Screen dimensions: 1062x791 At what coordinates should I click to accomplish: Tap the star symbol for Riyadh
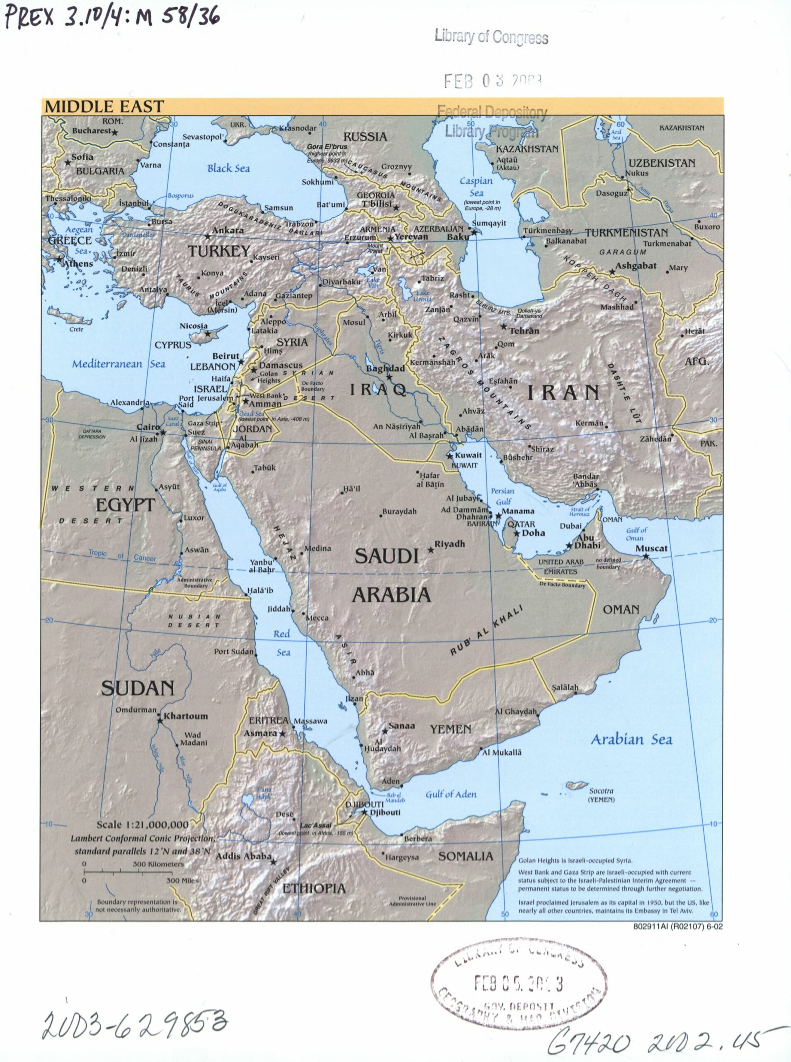(431, 550)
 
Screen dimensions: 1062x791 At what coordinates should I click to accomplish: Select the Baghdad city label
(386, 368)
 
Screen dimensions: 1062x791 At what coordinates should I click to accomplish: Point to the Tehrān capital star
(504, 327)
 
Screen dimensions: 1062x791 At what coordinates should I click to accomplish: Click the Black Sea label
(228, 168)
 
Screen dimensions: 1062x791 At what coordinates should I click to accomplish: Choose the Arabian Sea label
(631, 739)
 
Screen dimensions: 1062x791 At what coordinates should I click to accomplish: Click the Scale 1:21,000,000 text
(142, 824)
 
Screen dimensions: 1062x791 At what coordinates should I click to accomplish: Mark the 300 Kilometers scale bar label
(158, 864)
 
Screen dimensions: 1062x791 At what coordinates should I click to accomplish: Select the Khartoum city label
(186, 716)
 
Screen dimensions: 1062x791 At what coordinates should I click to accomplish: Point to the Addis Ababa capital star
(273, 862)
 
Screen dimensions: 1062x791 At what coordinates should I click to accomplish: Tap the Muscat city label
(651, 548)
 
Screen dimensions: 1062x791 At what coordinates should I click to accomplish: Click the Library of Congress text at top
(491, 37)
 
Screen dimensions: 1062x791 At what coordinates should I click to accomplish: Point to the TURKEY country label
(219, 251)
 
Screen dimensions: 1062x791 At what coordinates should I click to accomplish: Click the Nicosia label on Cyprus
(194, 326)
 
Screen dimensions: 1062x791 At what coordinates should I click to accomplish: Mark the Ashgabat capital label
(636, 266)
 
